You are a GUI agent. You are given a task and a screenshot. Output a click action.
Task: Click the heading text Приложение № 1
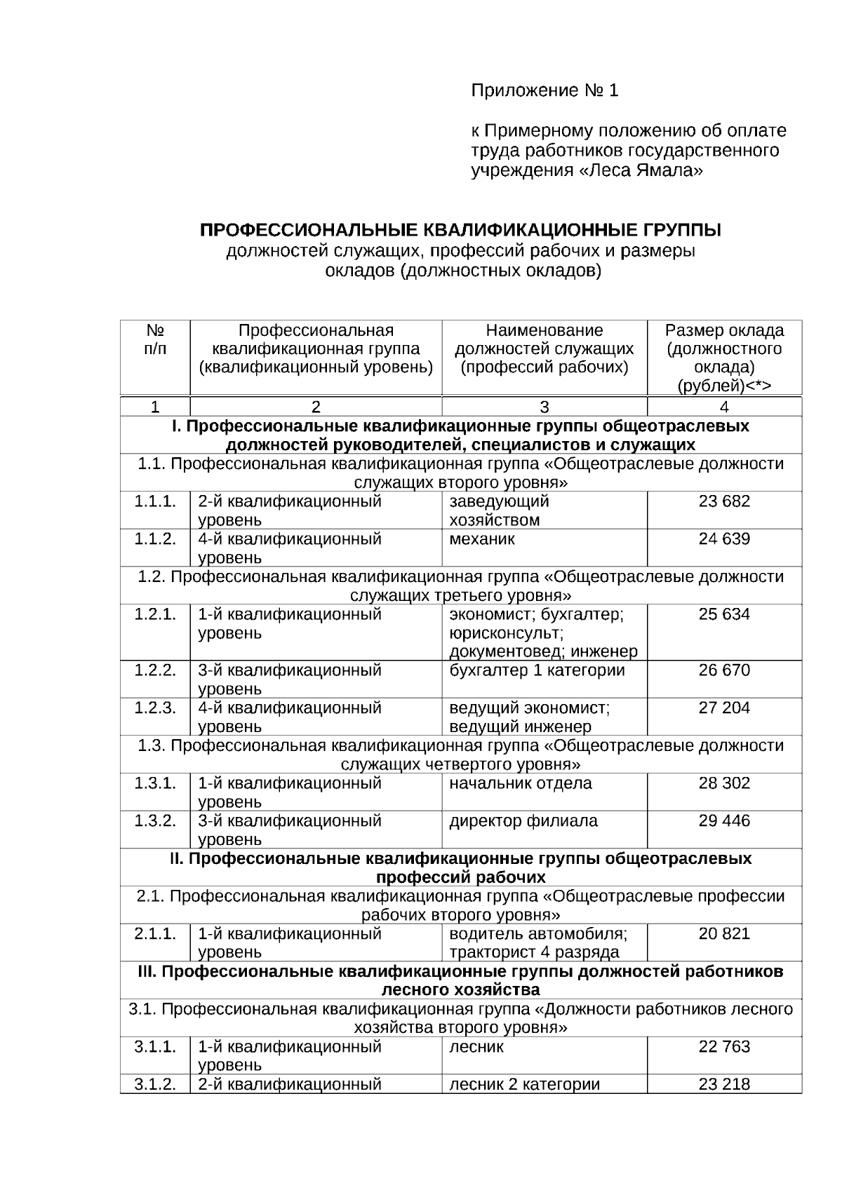[x=544, y=90]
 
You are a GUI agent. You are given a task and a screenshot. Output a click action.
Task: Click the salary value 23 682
[x=724, y=501]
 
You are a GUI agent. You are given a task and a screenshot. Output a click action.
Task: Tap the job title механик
[x=482, y=539]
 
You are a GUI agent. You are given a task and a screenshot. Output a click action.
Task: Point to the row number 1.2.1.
[x=155, y=614]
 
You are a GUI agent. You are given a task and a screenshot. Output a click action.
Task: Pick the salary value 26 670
[x=724, y=670]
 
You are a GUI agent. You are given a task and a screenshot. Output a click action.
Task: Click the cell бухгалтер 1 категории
[x=537, y=670]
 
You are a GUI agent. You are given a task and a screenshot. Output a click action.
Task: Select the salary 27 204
[x=724, y=708]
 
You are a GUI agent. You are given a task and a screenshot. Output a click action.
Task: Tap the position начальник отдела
[x=521, y=783]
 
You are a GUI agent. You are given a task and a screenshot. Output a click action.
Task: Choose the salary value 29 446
[x=724, y=821]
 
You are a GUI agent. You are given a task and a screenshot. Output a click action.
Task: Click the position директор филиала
[x=523, y=821]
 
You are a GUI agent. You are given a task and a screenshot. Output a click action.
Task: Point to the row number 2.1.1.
[x=155, y=934]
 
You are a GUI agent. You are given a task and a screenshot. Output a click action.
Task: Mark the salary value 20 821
[x=724, y=934]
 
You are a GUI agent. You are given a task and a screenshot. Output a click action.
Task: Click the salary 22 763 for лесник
[x=724, y=1047]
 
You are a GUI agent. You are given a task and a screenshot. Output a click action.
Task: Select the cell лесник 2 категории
[x=525, y=1084]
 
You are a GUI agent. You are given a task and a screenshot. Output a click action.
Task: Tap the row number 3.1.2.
[x=155, y=1084]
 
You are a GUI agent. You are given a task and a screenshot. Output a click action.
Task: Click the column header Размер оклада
[x=724, y=330]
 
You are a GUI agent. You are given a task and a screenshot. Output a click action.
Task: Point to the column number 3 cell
[x=544, y=407]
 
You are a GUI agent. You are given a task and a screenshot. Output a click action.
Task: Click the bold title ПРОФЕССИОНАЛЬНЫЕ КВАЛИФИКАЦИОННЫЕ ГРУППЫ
[x=460, y=231]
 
